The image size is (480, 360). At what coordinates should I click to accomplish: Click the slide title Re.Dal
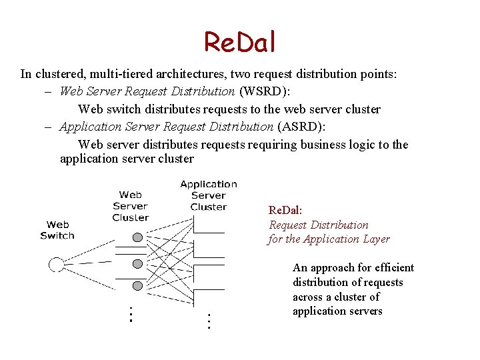[x=239, y=42]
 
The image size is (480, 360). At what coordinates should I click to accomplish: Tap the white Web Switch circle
[x=57, y=265]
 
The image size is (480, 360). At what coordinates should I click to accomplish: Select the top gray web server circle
[x=137, y=237]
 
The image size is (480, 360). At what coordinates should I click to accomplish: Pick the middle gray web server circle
[x=137, y=261]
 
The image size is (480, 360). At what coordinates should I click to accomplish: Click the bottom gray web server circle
[x=137, y=285]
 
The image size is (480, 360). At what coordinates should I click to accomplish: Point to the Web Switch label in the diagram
[x=57, y=230]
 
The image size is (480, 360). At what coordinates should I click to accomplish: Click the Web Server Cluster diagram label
[x=131, y=206]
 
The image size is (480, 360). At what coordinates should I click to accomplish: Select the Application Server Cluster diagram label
[x=209, y=195]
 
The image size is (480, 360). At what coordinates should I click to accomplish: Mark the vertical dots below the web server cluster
[x=131, y=314]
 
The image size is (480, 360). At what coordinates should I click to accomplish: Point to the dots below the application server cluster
[x=209, y=321]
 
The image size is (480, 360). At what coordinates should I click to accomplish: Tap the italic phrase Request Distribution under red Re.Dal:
[x=319, y=225]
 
